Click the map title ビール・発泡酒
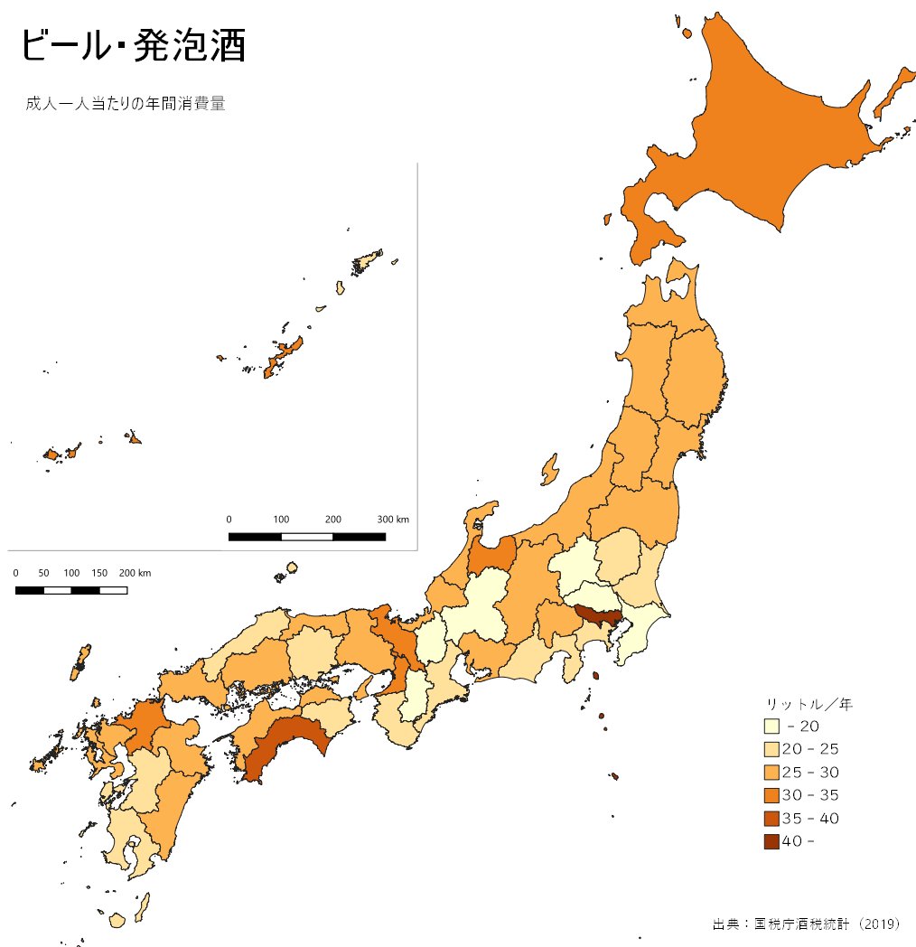pos(132,46)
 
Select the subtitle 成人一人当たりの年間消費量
pos(126,104)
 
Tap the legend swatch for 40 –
pos(771,842)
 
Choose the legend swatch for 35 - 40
pos(771,819)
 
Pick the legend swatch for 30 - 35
pos(771,795)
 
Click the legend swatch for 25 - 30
pos(771,773)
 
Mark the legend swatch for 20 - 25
pos(771,749)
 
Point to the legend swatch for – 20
pos(771,727)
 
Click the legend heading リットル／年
pos(809,703)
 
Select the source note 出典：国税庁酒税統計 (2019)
pos(807,924)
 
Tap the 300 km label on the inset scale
pos(393,520)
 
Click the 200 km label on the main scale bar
pos(135,574)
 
